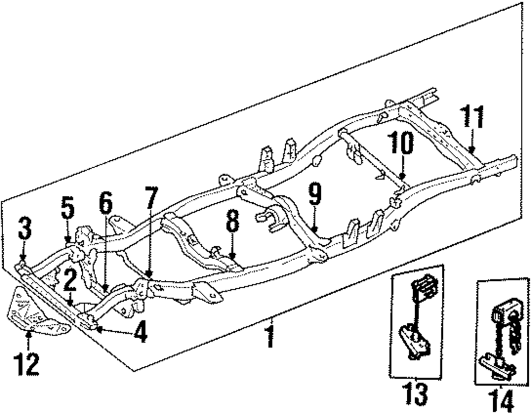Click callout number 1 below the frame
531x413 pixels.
click(271, 338)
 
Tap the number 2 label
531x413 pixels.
click(70, 281)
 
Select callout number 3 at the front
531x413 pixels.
click(24, 229)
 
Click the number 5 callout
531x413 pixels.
click(67, 209)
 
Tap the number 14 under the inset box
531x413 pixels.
click(500, 399)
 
